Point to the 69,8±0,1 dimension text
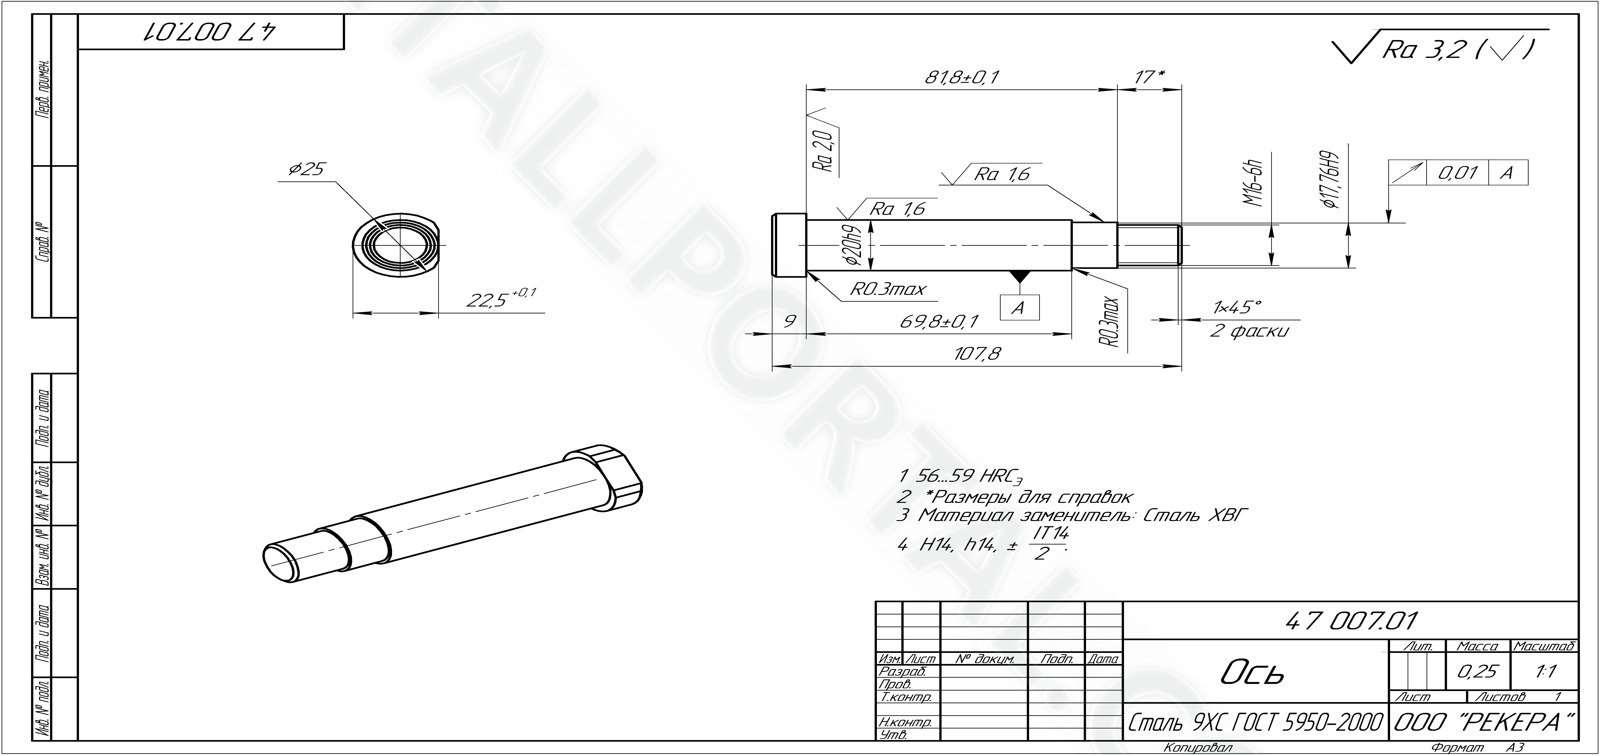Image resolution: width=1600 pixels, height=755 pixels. click(939, 322)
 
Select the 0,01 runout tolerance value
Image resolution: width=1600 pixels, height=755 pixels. click(1457, 173)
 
